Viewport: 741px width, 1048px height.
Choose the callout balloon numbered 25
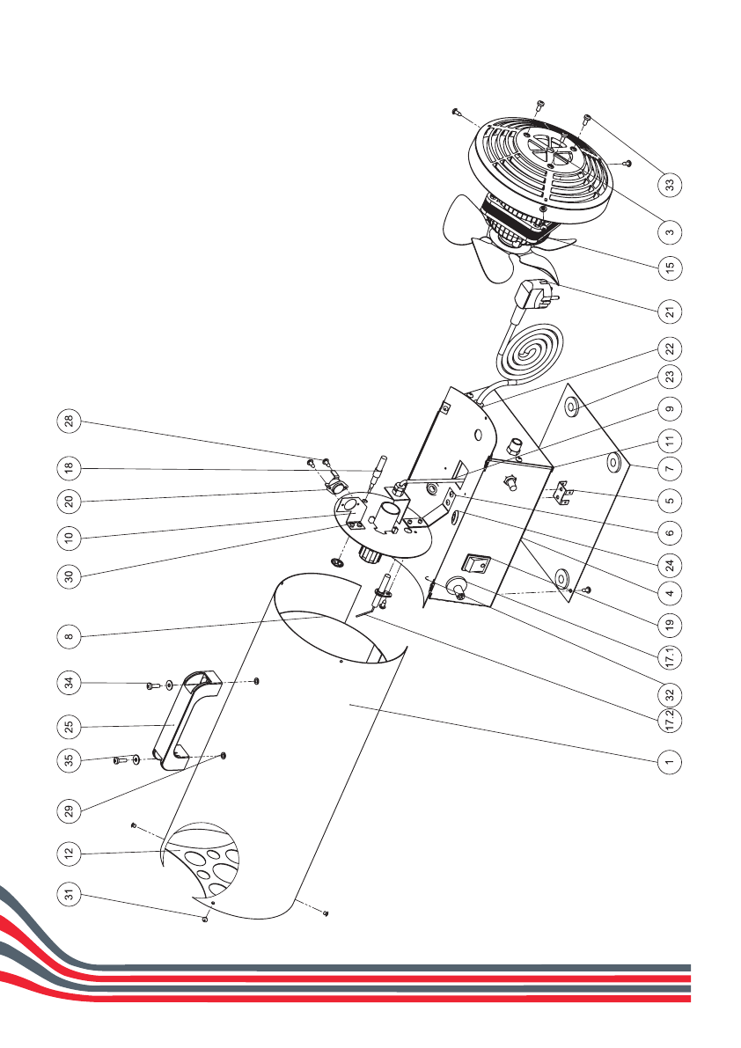pyautogui.click(x=69, y=727)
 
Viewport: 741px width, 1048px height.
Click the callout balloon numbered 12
pyautogui.click(x=69, y=852)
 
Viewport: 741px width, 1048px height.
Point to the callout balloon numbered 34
pyautogui.click(x=69, y=682)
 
